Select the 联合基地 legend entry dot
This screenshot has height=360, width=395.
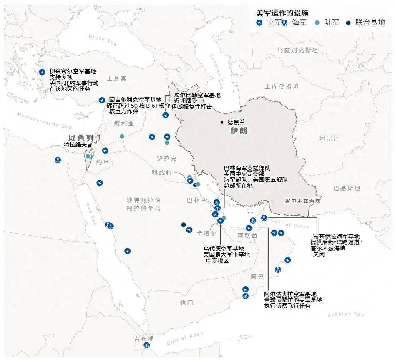pos(348,23)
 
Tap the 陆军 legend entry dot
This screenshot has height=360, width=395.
pos(318,23)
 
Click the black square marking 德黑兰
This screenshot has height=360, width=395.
pos(222,122)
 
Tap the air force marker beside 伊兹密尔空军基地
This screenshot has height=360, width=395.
pos(42,72)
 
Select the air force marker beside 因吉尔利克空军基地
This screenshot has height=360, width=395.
pos(102,100)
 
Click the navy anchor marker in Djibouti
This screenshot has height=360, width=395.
pos(146,345)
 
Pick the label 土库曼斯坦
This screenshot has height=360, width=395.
pos(282,87)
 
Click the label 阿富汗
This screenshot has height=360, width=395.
pos(329,138)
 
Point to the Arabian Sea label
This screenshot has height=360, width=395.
pos(346,314)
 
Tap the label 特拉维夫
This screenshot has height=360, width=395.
pos(75,145)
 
